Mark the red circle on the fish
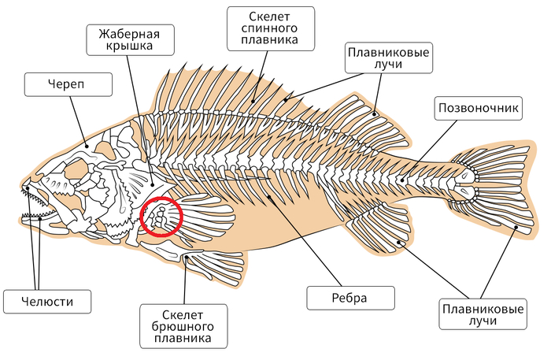pyautogui.click(x=161, y=217)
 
